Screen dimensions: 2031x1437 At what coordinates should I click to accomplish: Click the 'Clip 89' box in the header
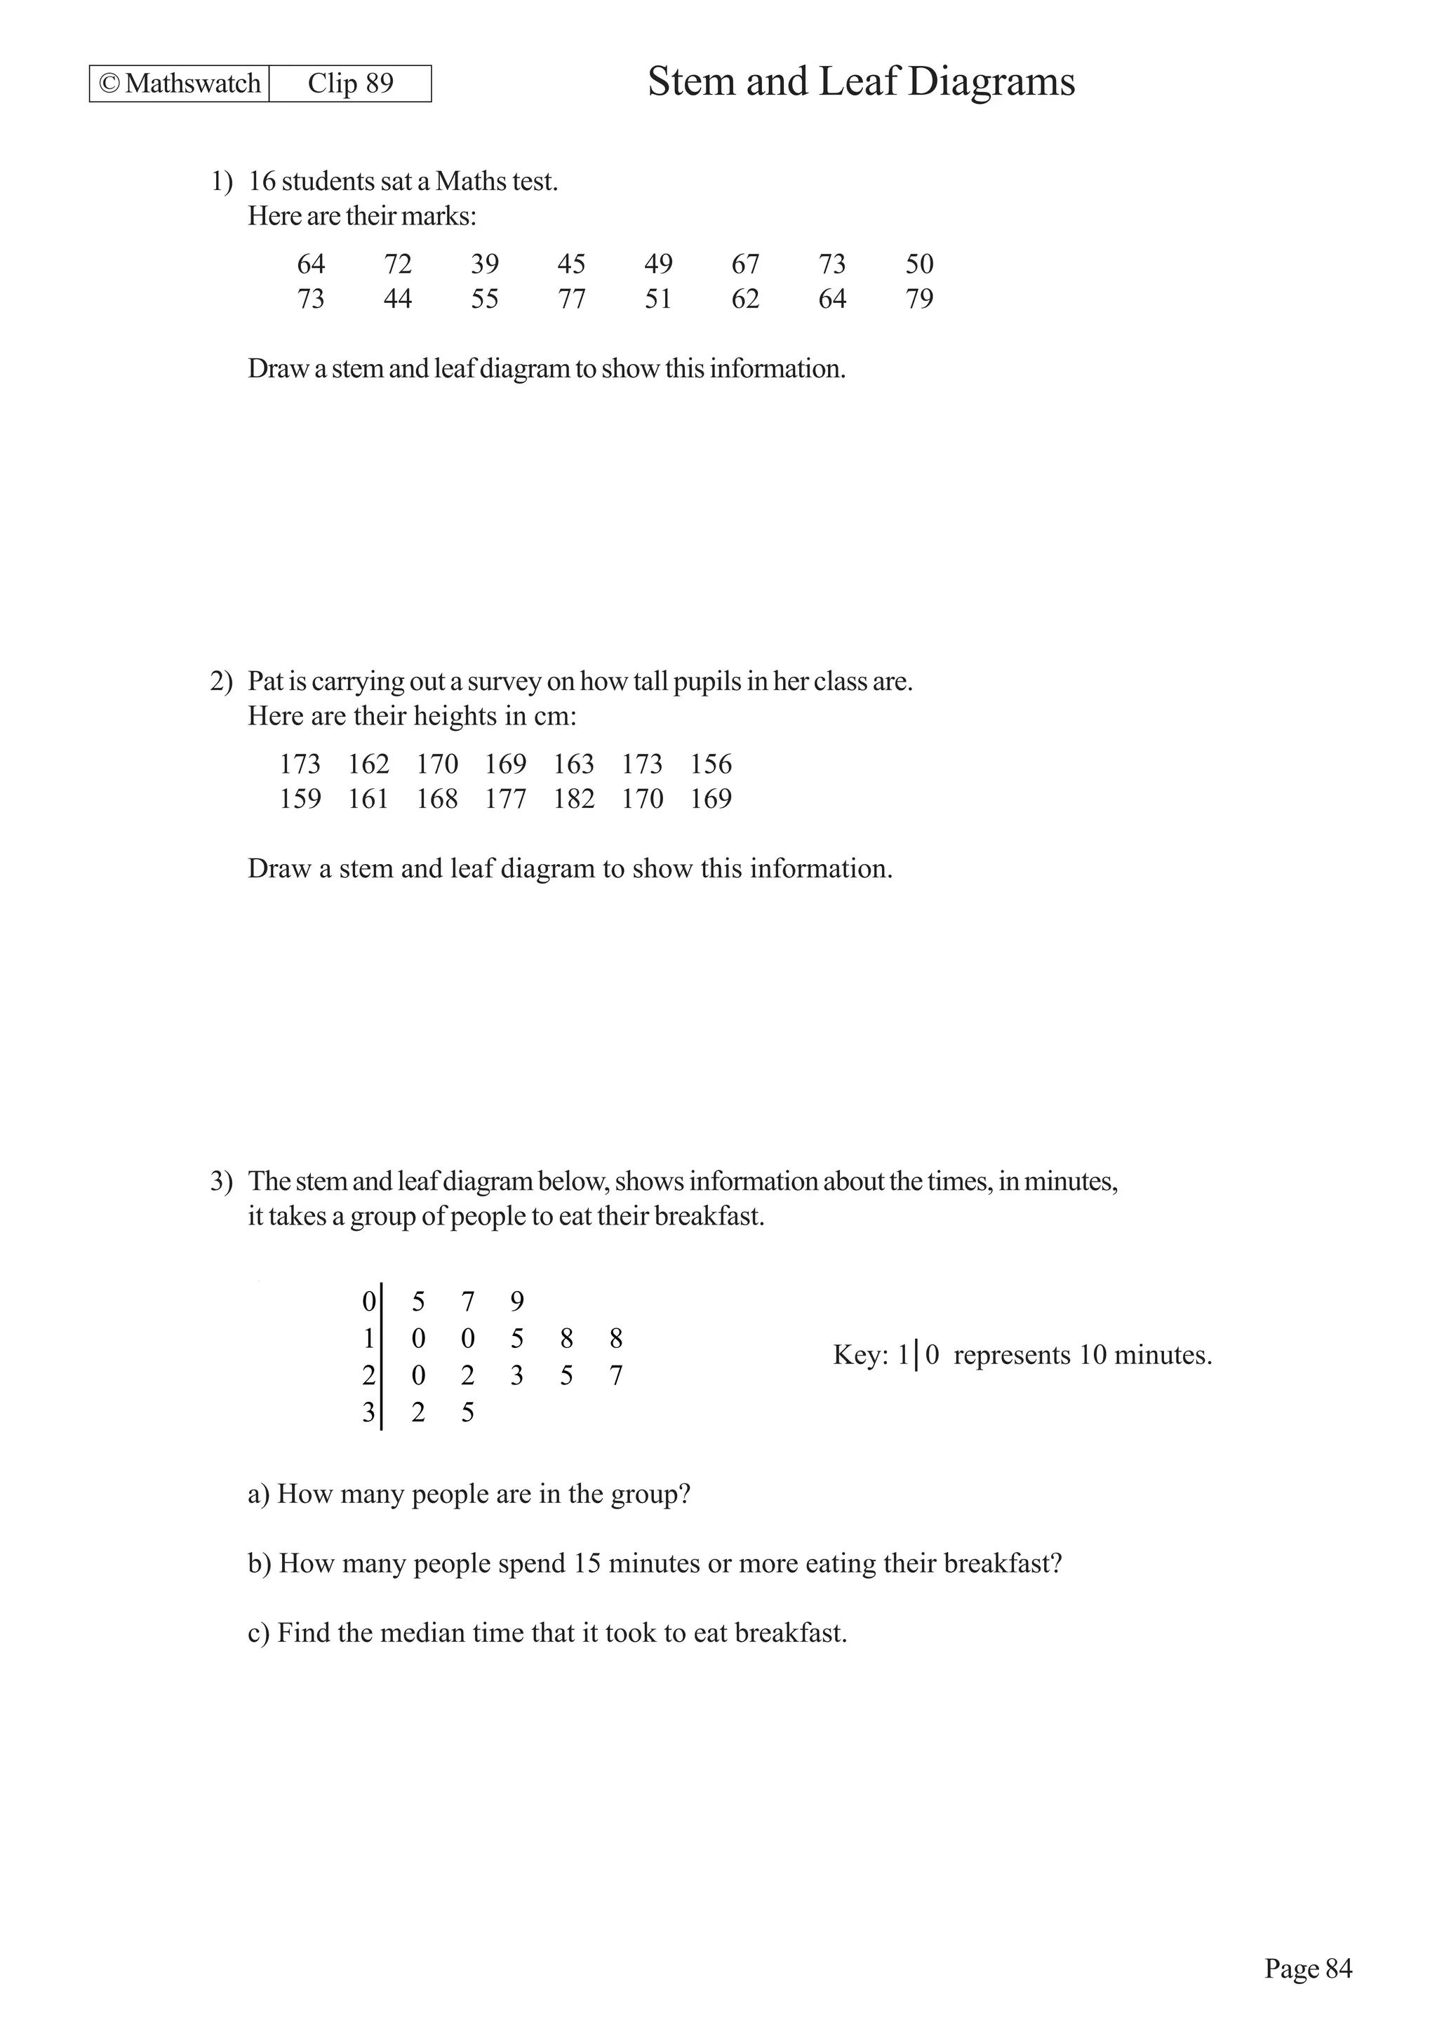click(x=350, y=83)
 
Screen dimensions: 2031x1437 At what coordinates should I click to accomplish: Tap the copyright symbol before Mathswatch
click(x=109, y=83)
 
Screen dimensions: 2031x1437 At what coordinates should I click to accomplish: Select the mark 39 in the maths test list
click(x=484, y=264)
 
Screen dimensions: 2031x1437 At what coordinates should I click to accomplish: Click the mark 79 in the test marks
click(x=919, y=299)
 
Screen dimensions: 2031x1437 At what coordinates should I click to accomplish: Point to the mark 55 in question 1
click(x=484, y=299)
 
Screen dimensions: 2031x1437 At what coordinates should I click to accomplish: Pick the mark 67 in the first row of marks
click(x=745, y=264)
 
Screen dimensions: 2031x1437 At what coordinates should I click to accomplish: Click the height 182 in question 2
click(x=574, y=799)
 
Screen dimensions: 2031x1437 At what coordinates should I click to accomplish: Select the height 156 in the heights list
click(x=711, y=764)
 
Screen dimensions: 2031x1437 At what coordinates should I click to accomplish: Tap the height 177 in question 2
click(x=505, y=799)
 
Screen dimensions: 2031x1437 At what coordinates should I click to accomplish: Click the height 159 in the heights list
click(x=300, y=799)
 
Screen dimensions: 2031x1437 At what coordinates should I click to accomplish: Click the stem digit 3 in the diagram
click(x=368, y=1412)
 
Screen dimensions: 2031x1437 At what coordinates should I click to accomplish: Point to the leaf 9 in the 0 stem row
click(x=518, y=1301)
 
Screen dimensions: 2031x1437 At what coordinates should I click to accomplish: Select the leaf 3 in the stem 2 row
click(x=518, y=1375)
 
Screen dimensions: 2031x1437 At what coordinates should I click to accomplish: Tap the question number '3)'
click(x=220, y=1181)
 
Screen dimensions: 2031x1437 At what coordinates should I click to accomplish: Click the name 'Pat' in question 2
click(x=264, y=681)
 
